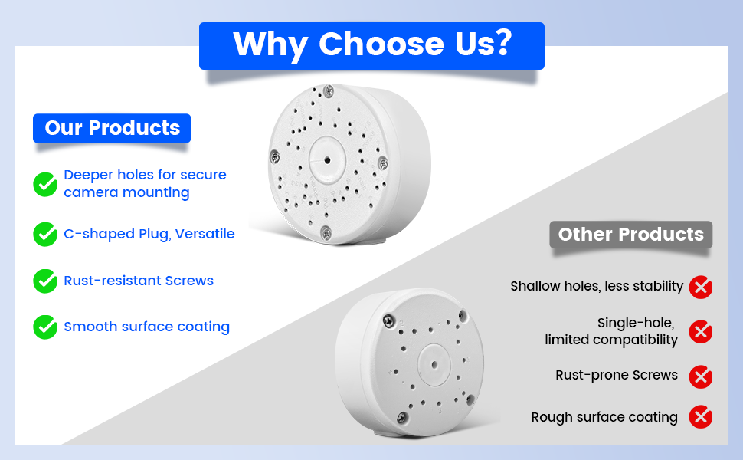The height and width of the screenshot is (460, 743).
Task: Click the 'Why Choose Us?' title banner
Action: tap(371, 45)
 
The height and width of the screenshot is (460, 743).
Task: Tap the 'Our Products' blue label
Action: tap(112, 128)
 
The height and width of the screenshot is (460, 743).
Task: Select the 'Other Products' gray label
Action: tap(630, 235)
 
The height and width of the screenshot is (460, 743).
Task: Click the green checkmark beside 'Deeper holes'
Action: tap(45, 184)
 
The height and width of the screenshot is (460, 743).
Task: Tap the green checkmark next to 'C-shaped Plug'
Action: tap(45, 235)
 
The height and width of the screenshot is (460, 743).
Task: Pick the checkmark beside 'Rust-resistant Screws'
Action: tap(45, 281)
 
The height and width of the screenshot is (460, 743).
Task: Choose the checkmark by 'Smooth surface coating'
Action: tap(45, 327)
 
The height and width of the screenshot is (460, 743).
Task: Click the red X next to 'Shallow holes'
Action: tap(701, 287)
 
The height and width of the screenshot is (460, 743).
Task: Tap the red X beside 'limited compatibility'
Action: tap(701, 331)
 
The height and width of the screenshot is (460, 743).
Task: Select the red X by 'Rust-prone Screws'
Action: tap(701, 376)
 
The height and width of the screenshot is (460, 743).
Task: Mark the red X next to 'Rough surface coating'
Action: tap(701, 417)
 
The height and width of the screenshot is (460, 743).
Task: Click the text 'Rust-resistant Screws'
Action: tap(139, 281)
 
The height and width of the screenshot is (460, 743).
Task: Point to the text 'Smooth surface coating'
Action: tap(147, 327)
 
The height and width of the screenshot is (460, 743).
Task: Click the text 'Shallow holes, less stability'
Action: tap(597, 287)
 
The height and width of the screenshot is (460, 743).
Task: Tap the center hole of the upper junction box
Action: tap(327, 161)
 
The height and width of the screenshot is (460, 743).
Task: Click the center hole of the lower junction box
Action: tap(434, 365)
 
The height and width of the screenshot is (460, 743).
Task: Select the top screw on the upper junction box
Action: tap(329, 90)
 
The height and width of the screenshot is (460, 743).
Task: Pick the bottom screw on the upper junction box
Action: tap(326, 232)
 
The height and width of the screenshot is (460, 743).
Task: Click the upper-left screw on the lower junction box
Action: tap(389, 321)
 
